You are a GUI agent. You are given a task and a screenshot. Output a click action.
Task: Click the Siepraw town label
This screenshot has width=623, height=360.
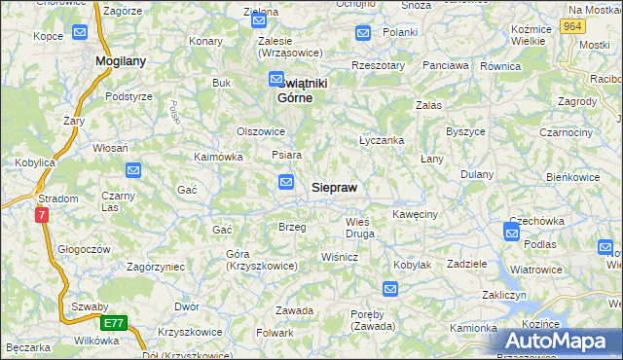[x=335, y=187]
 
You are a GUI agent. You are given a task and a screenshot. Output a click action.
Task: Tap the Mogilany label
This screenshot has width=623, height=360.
[x=121, y=60]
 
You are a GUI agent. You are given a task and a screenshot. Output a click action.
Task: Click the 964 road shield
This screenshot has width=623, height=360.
[x=573, y=27]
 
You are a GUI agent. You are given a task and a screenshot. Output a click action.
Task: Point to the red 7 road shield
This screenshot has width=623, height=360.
[x=41, y=215]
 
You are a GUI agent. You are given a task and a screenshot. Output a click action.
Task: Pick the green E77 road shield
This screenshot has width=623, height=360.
[x=115, y=323]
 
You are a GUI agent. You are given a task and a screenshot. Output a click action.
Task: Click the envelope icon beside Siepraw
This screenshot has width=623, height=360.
[x=286, y=181]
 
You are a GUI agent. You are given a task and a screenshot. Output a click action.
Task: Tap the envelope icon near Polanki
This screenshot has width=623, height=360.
[x=363, y=33]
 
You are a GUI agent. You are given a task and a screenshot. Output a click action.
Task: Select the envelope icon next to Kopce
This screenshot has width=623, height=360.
[x=79, y=33]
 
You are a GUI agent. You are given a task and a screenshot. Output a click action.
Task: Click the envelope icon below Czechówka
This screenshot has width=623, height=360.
[x=512, y=231]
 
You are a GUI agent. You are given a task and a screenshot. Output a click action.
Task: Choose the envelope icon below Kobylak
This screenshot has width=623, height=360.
[x=390, y=288]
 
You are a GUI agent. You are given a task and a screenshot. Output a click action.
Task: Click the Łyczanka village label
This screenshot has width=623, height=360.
[x=382, y=140]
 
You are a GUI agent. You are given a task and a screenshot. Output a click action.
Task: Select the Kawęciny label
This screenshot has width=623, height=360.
[x=415, y=213]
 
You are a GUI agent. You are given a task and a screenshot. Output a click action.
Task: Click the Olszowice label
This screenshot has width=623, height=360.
[x=261, y=131]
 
